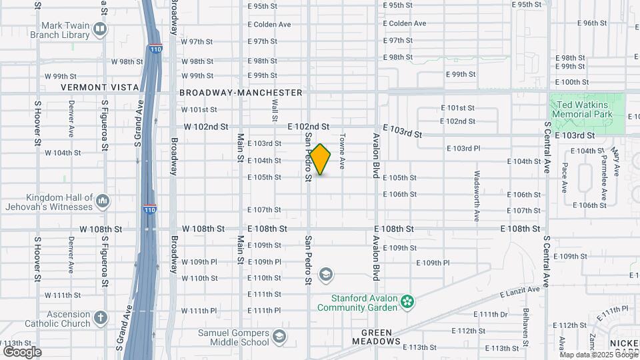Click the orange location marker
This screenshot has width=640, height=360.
tap(320, 159)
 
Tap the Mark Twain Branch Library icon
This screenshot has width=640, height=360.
tap(100, 29)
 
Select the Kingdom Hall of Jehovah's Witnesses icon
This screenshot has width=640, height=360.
tap(102, 201)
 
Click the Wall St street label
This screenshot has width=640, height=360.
tap(275, 111)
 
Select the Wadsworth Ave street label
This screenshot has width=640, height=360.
tap(477, 197)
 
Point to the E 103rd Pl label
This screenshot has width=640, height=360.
tap(463, 148)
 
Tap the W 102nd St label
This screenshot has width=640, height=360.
tap(206, 126)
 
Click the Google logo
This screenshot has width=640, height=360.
tap(22, 351)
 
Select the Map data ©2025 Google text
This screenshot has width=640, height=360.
tap(600, 355)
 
